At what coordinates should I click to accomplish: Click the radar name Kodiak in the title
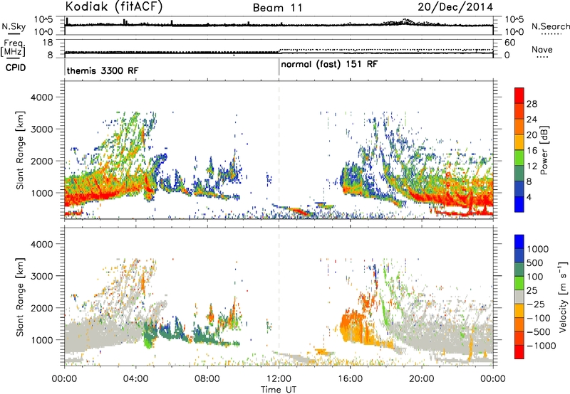tap(86, 6)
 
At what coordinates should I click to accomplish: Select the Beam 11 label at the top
tap(277, 8)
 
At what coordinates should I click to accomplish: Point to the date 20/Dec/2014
tap(455, 6)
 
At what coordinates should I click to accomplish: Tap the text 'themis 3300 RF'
tap(103, 70)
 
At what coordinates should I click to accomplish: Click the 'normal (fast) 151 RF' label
tap(329, 65)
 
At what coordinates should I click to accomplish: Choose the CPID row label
tap(16, 68)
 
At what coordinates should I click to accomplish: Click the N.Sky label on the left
tap(14, 26)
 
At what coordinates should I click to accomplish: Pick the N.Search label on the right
tap(550, 26)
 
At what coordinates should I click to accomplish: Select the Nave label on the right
tap(542, 49)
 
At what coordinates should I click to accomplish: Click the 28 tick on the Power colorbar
tap(532, 104)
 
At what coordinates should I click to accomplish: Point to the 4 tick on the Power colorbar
tap(529, 198)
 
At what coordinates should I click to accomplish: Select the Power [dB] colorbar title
tap(544, 150)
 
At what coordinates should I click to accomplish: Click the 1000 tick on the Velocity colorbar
tap(538, 249)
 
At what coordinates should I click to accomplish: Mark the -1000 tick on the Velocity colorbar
tap(541, 346)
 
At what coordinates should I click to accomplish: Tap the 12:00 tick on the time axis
tap(279, 379)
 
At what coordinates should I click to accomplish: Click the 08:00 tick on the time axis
tap(207, 379)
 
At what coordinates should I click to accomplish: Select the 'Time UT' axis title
tap(279, 389)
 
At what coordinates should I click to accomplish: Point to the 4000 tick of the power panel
tap(42, 97)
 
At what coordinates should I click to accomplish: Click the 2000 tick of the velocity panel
tap(42, 308)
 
